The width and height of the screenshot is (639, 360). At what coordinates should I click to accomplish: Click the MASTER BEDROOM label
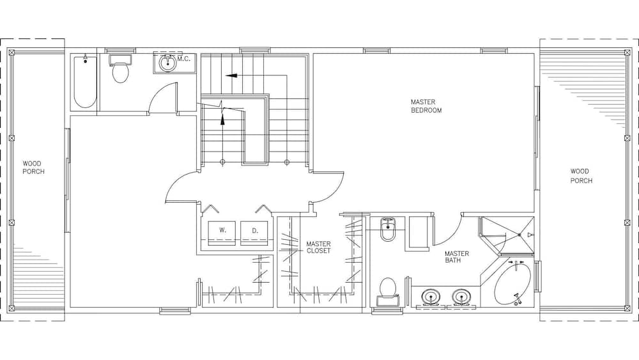pos(426,106)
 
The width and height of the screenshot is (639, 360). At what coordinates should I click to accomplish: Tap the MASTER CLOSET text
pos(318,247)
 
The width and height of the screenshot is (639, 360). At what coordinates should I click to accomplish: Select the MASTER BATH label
pos(457,257)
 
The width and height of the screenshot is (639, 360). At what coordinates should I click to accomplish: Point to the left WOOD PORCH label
pos(33,168)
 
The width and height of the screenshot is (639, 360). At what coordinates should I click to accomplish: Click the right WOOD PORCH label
pos(581,176)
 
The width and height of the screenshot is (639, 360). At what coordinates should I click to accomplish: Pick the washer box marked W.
pos(222,230)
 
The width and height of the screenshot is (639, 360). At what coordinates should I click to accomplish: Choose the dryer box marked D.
pos(254,230)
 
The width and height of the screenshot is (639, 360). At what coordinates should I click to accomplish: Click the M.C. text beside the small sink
pos(184,59)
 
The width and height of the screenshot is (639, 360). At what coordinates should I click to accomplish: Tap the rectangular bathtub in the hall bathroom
pos(85,82)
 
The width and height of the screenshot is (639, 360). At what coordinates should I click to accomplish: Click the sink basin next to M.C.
pos(168,63)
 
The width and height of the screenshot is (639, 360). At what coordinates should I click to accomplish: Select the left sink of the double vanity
pos(431,297)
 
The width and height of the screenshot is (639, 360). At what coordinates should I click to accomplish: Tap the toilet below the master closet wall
pos(388,291)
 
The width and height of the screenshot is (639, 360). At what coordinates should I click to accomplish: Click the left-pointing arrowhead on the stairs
pos(231,75)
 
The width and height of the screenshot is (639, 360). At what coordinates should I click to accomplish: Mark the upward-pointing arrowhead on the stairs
pos(223,119)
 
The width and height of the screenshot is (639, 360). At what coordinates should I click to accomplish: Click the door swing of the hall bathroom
pos(160,99)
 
